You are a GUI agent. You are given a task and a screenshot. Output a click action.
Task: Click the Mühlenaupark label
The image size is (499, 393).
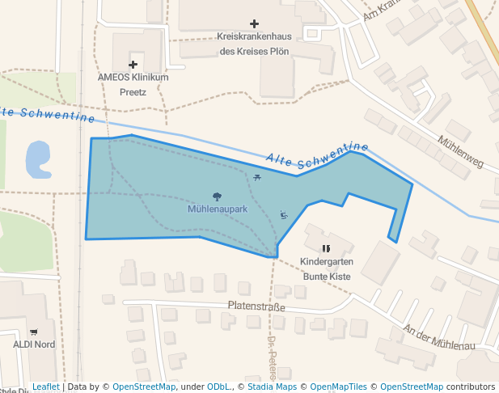click(x=217, y=209)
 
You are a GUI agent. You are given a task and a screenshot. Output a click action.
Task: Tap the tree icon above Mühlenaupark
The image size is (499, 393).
click(x=217, y=196)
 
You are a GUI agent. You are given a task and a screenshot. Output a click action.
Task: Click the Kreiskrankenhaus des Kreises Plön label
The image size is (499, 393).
click(x=254, y=44)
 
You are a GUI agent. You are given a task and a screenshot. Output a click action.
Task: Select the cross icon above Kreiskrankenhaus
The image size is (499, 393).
click(x=254, y=24)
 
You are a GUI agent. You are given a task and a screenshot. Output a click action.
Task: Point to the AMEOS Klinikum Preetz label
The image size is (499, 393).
click(x=133, y=84)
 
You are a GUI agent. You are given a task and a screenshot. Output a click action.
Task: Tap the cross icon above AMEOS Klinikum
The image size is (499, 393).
click(x=133, y=64)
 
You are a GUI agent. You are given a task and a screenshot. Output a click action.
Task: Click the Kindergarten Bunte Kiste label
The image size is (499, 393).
click(x=327, y=269)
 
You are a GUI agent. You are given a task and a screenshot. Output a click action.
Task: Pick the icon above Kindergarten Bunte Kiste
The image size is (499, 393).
click(x=327, y=249)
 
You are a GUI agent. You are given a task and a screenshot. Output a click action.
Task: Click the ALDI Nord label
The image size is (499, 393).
click(x=33, y=344)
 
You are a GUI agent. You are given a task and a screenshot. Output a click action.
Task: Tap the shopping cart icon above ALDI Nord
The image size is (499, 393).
click(x=33, y=332)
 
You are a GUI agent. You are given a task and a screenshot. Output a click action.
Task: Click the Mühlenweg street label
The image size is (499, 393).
click(x=460, y=151)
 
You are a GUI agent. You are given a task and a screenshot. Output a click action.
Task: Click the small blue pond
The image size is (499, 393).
click(x=37, y=160)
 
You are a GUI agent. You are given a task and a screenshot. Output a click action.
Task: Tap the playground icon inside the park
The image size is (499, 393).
click(x=283, y=214)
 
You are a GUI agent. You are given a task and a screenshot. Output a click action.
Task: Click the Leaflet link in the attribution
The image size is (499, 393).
click(x=45, y=387)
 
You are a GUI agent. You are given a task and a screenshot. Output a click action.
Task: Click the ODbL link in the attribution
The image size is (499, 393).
click(x=218, y=387)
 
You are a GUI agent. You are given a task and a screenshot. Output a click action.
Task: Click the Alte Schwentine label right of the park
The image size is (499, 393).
click(x=317, y=157)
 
